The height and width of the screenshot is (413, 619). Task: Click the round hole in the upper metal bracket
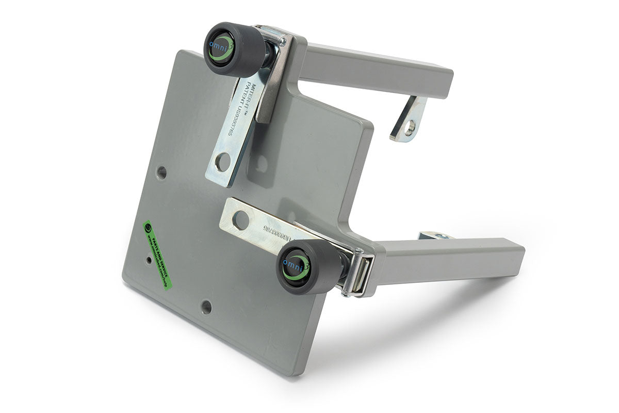click(222, 162)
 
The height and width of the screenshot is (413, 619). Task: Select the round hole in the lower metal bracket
click(240, 220)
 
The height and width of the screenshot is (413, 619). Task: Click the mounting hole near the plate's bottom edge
click(206, 308)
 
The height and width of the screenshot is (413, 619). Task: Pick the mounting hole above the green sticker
click(161, 172)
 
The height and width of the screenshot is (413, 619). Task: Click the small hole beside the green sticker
click(148, 261)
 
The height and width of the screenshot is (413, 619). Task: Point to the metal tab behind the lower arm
click(436, 236)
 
